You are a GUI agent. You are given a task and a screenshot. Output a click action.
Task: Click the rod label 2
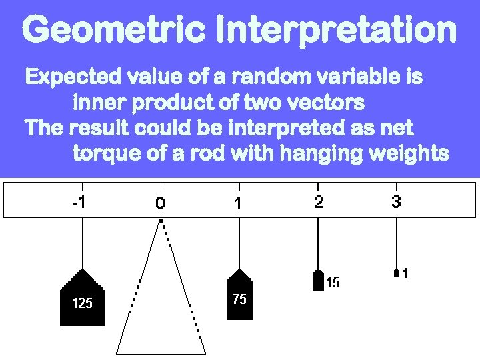(x=318, y=201)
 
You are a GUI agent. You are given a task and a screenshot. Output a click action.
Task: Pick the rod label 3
(x=397, y=201)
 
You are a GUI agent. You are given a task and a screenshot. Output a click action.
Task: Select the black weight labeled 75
(x=239, y=297)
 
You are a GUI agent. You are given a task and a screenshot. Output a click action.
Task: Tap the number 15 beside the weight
(x=333, y=283)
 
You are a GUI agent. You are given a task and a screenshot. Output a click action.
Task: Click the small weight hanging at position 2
(x=318, y=280)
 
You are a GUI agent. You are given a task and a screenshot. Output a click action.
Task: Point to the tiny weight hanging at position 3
(x=397, y=273)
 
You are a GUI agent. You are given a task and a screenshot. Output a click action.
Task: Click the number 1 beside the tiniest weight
(x=405, y=273)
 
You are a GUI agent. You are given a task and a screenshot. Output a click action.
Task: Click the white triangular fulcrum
(x=161, y=300)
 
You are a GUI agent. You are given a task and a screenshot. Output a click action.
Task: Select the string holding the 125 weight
(x=81, y=243)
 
